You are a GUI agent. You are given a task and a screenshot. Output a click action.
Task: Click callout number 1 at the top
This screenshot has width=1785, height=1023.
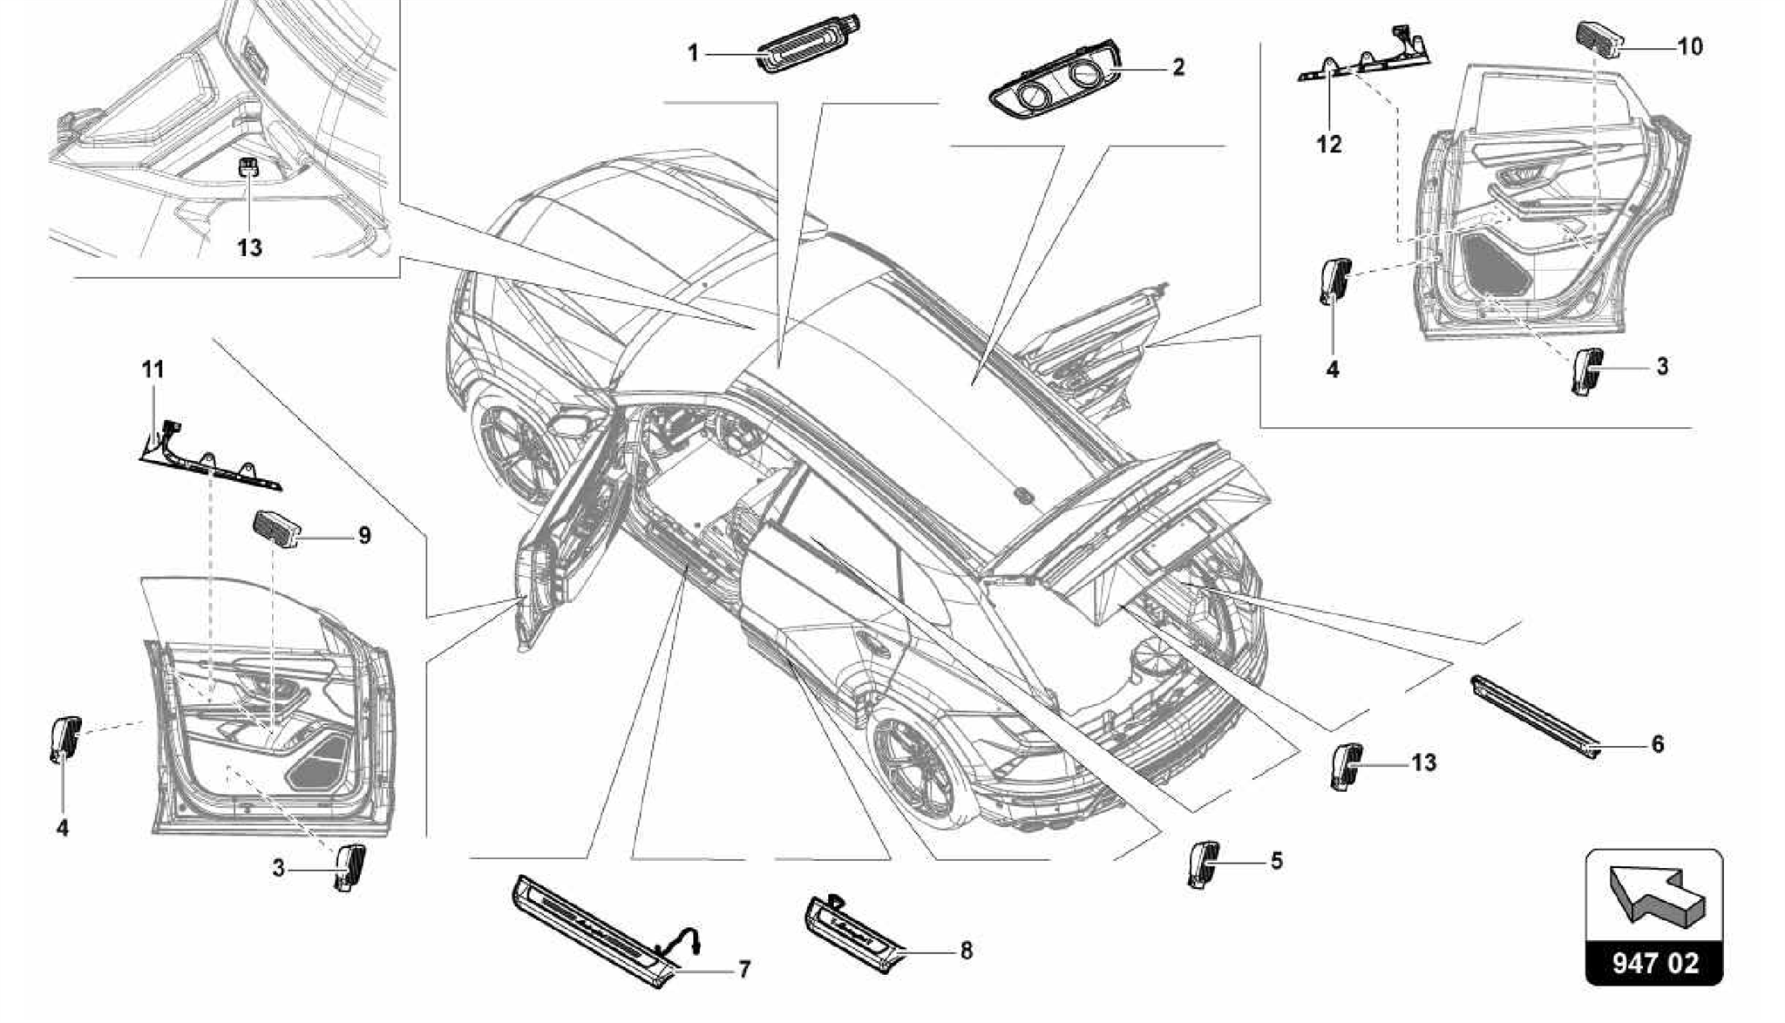693,54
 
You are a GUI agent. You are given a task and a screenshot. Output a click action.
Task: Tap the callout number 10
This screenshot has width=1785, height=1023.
1689,46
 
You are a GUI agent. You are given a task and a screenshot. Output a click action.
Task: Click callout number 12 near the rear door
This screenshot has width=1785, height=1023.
1328,144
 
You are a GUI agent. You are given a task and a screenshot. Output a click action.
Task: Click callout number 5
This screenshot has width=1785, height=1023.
1276,861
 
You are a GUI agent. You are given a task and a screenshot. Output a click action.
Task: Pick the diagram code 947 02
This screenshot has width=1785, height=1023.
1654,963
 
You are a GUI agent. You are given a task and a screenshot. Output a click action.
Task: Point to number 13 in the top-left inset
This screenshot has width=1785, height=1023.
249,247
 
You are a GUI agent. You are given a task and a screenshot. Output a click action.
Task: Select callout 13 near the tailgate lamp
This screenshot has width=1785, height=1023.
1423,762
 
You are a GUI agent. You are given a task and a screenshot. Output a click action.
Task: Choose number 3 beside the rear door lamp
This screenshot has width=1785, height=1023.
1661,366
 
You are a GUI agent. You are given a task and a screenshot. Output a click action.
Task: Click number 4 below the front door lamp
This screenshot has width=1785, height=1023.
62,828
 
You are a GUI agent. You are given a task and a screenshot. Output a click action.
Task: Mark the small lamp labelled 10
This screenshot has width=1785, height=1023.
1598,38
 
